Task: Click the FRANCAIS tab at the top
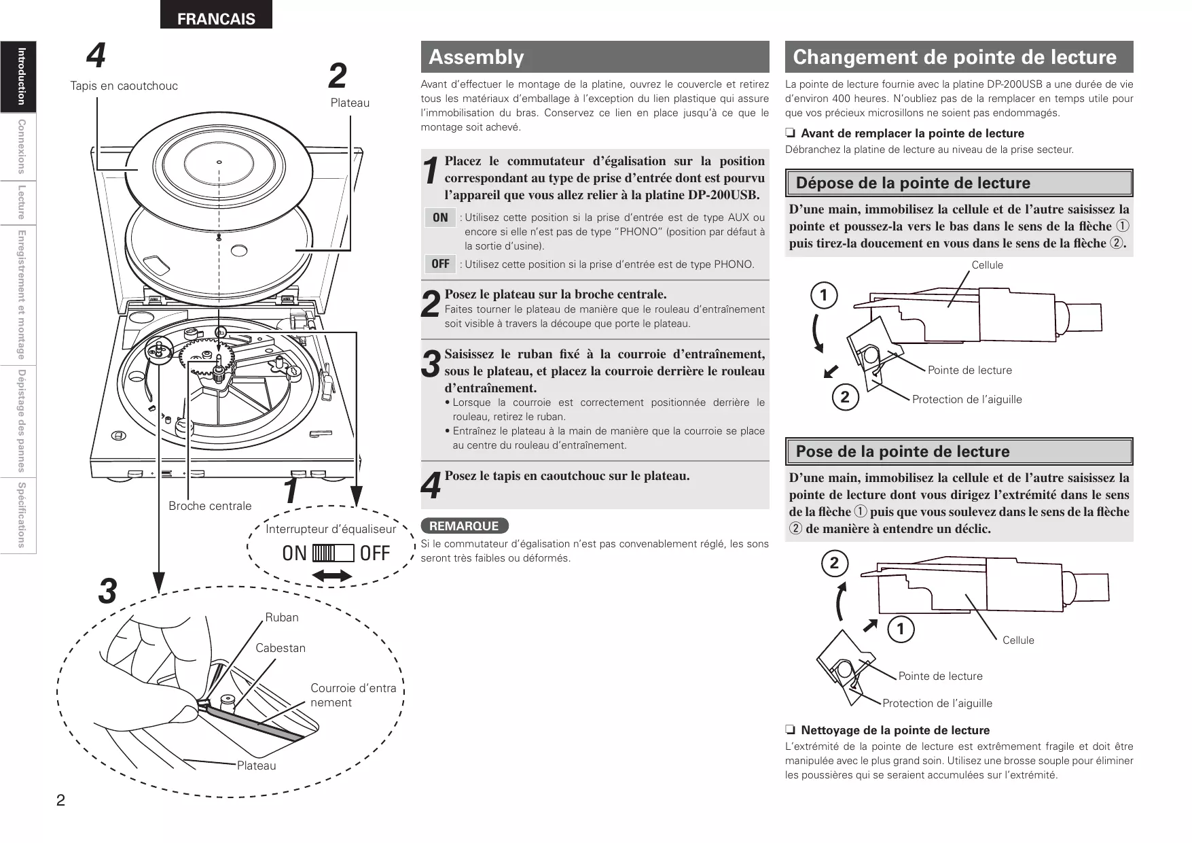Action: pos(216,18)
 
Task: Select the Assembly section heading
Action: pos(476,57)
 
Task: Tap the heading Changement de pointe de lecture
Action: pos(954,57)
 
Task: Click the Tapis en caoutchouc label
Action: pos(124,86)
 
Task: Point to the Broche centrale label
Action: pos(210,506)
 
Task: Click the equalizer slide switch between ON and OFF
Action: pos(333,553)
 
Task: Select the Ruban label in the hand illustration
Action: pos(281,617)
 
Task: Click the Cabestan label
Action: pos(281,648)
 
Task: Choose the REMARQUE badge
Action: pos(465,526)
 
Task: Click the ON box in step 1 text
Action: pos(440,218)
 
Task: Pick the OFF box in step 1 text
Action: pos(440,264)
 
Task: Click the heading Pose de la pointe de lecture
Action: pos(902,451)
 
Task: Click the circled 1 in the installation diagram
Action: pos(901,630)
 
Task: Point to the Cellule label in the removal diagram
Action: pos(987,265)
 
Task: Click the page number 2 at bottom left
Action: pos(60,799)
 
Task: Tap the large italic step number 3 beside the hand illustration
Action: pos(107,591)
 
